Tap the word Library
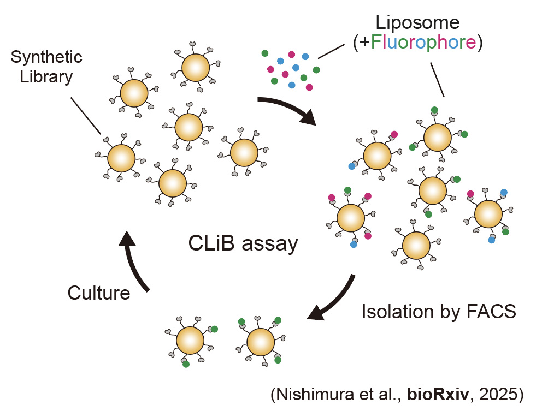(46, 77)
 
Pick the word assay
(271, 244)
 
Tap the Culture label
(99, 293)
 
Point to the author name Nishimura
(317, 394)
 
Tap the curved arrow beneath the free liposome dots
(288, 109)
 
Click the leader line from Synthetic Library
(86, 116)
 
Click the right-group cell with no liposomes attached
(416, 244)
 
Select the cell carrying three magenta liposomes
(351, 217)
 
